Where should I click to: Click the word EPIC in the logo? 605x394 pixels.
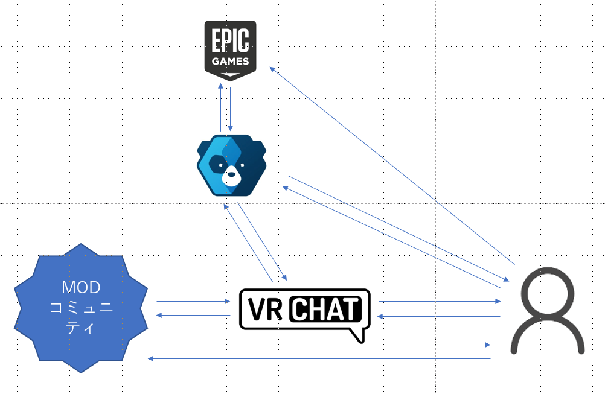click(x=230, y=43)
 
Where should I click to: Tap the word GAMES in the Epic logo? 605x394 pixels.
click(x=230, y=62)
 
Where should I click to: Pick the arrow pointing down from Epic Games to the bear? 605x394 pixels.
click(x=231, y=109)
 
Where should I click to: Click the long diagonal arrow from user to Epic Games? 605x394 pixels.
click(x=392, y=165)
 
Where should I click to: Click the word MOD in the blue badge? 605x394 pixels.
click(x=81, y=287)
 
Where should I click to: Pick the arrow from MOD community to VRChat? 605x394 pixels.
click(x=193, y=301)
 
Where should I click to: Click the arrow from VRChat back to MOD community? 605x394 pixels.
click(x=193, y=315)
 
